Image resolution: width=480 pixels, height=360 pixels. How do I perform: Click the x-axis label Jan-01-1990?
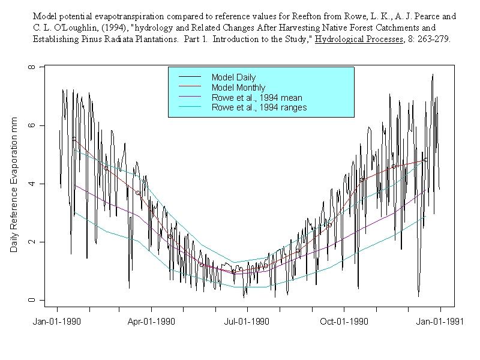click(58, 321)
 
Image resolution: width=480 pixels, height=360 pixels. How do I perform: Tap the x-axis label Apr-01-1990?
click(151, 321)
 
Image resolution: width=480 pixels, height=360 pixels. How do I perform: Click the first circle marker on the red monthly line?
click(74, 139)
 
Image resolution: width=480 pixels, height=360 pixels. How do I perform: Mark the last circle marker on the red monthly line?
click(425, 160)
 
